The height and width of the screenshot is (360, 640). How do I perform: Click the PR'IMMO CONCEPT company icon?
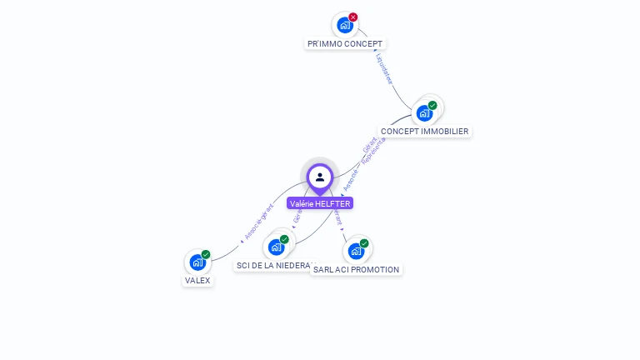(344, 25)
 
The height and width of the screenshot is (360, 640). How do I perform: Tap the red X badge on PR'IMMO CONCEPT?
(353, 17)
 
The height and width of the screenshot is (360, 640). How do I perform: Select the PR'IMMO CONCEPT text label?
(345, 43)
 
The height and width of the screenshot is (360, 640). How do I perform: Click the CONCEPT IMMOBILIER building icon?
(424, 113)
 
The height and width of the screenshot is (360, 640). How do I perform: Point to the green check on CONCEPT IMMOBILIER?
(432, 106)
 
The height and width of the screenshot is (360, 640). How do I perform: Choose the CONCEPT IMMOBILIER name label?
(424, 132)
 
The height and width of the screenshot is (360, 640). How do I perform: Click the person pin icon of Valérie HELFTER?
(320, 177)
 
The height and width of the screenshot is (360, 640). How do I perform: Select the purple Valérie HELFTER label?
(320, 203)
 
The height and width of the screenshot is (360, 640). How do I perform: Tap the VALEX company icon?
(197, 262)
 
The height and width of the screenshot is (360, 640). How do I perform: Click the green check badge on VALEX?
(206, 254)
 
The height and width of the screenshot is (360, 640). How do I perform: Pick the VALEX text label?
(197, 281)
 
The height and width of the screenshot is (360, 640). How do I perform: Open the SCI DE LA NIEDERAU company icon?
(276, 247)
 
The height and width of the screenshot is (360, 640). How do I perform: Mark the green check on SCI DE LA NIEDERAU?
(284, 239)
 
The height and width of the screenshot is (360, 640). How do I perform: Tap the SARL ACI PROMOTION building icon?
(356, 251)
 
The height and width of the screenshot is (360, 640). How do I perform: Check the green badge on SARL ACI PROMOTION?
(364, 243)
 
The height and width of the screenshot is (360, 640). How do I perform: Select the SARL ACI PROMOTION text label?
(356, 270)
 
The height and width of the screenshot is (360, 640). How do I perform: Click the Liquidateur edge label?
(384, 69)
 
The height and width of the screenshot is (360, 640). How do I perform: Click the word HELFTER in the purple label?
(333, 203)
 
